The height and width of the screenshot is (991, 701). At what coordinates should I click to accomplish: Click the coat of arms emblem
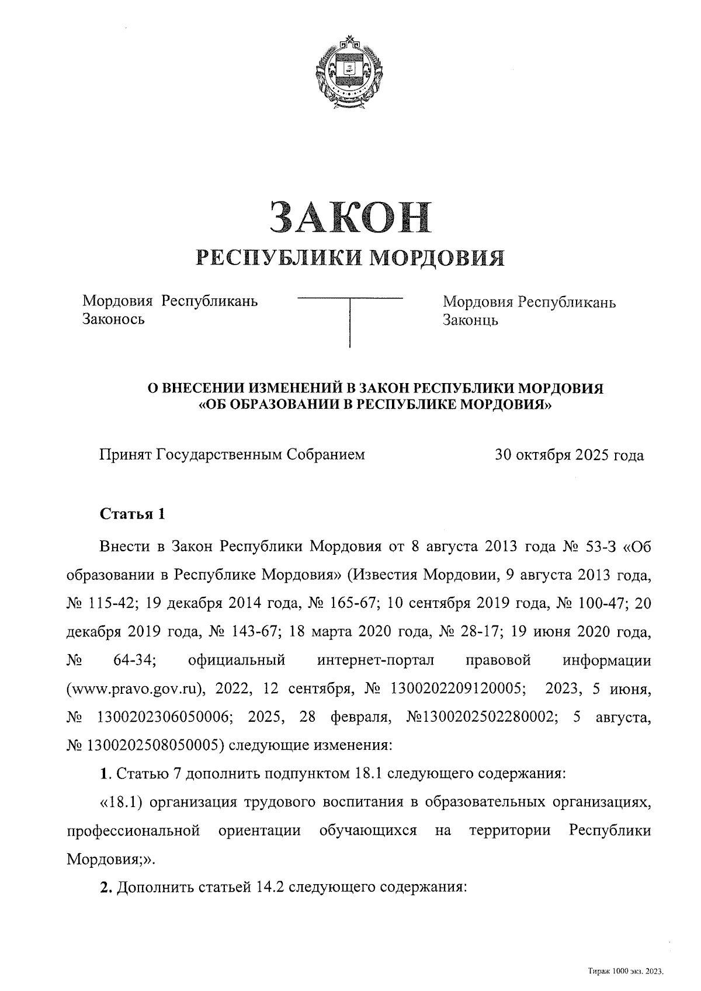click(350, 72)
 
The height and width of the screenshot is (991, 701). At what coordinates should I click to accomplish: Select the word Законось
click(114, 319)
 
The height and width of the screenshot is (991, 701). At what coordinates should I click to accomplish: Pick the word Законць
click(470, 320)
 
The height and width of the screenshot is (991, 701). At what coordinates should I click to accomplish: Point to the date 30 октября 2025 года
click(569, 455)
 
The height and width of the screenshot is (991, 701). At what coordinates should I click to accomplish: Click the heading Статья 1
click(133, 514)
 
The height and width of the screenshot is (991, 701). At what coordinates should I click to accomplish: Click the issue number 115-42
click(113, 604)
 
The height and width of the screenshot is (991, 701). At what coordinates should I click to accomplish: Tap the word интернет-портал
click(376, 660)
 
